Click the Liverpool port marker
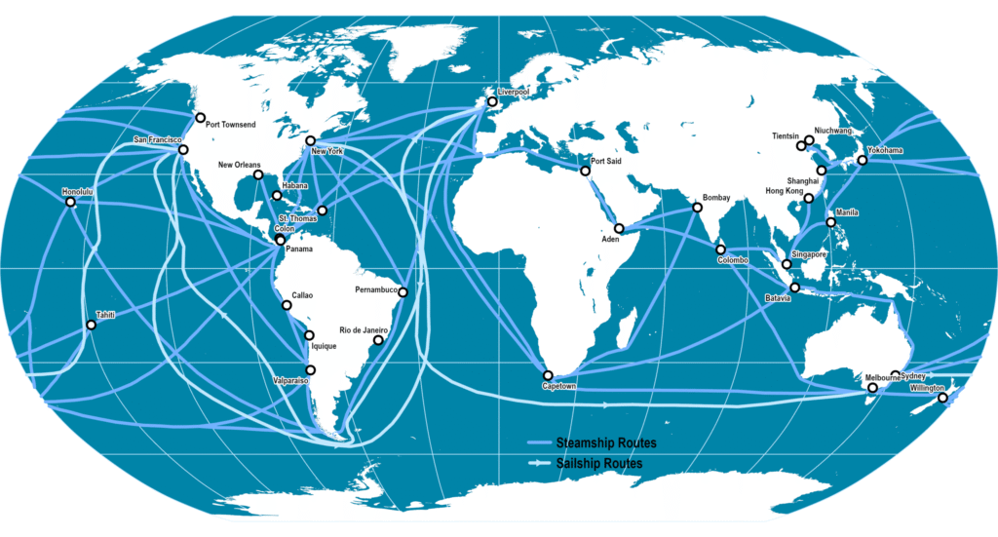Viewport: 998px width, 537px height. (x=492, y=101)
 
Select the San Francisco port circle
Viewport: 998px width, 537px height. (x=183, y=151)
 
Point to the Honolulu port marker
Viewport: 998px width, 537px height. (x=70, y=203)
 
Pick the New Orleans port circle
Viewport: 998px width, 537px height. (x=258, y=175)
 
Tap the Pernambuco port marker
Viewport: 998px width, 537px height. (x=403, y=292)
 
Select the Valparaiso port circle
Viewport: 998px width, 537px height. (x=311, y=369)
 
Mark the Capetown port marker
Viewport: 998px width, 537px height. (x=548, y=375)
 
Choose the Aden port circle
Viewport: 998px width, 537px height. (x=619, y=228)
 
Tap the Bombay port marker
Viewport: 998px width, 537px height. (x=698, y=208)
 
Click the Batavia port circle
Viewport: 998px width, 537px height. (x=795, y=288)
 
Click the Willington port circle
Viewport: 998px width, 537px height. (x=941, y=398)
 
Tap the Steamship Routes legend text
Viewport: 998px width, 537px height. (x=598, y=443)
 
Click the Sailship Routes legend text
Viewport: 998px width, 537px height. (x=598, y=464)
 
